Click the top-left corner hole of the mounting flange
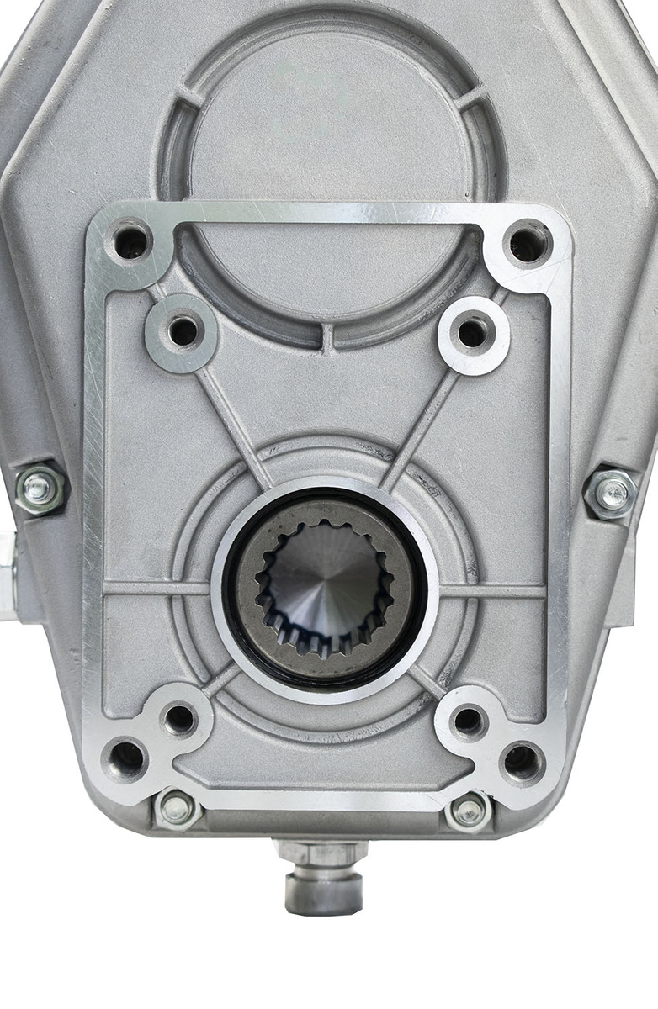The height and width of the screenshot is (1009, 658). tap(131, 242)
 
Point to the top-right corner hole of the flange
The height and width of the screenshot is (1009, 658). tap(528, 244)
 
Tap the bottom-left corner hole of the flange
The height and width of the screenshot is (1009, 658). tap(125, 758)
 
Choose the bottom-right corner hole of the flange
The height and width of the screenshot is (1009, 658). tap(522, 761)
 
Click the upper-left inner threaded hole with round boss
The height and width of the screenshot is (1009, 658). tap(183, 330)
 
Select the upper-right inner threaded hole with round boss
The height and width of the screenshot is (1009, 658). tap(473, 332)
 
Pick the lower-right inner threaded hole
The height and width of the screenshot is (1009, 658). tap(469, 721)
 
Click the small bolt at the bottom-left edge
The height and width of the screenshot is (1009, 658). tap(177, 809)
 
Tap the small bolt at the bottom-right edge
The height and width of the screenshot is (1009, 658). tap(469, 811)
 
